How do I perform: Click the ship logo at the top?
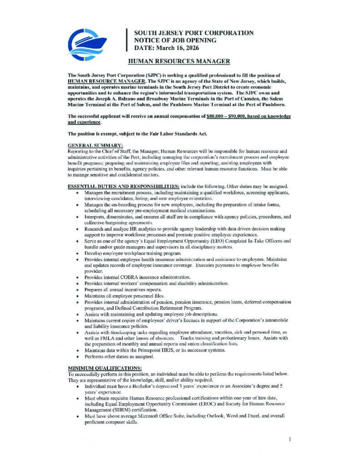86,45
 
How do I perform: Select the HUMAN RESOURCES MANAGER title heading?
178,61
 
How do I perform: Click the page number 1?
289,440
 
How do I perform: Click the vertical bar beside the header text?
127,41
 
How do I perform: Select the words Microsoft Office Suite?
157,416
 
